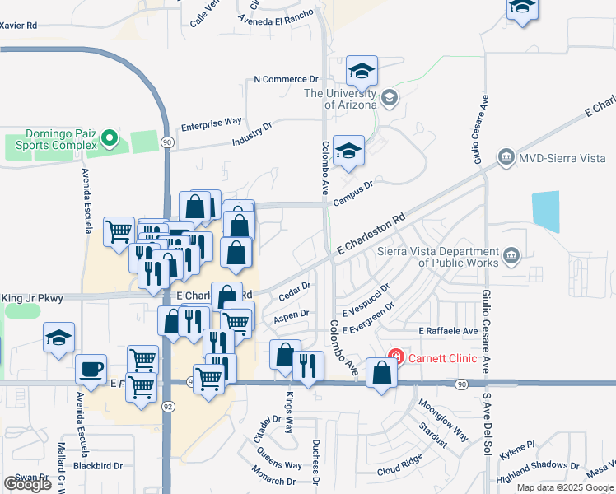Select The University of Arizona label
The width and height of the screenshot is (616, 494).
340,98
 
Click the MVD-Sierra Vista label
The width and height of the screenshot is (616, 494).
556,156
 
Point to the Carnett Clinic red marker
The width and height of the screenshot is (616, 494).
396,357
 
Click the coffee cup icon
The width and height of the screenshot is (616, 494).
91,369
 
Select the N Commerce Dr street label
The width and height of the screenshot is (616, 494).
286,79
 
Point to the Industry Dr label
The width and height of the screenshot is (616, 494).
252,135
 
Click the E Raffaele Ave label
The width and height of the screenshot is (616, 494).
448,330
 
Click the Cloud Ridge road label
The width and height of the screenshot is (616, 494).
399,464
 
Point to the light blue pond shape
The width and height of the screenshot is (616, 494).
546,210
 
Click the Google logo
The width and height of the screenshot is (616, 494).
27,484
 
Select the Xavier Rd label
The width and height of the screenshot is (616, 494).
19,26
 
